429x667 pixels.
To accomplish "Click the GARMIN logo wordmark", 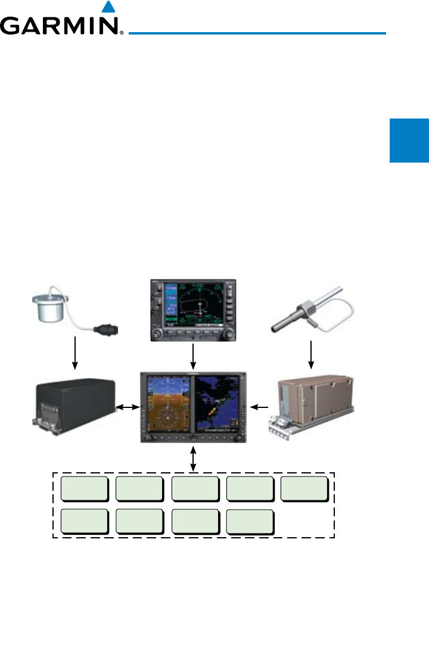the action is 61,26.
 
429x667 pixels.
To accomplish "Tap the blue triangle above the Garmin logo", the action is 107,7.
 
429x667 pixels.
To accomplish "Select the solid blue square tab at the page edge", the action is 409,141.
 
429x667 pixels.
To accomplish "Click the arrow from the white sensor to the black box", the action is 74,352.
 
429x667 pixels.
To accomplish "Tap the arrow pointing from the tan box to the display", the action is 260,407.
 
